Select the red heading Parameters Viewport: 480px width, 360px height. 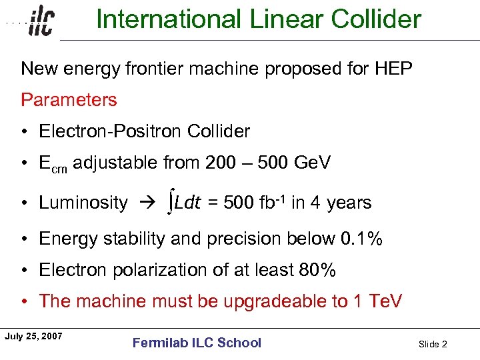point(69,100)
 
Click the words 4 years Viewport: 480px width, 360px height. point(339,203)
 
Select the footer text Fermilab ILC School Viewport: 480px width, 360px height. point(197,343)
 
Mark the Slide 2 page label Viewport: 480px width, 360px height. point(433,344)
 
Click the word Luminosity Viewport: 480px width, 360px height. point(83,203)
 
